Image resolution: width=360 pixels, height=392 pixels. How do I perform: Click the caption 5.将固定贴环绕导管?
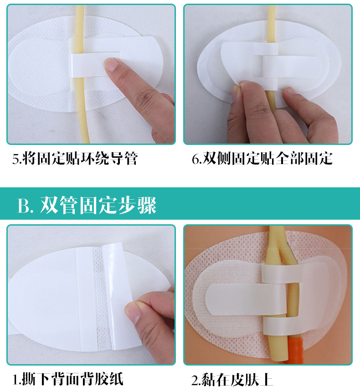75,159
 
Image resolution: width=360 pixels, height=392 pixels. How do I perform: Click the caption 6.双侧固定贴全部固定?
262,159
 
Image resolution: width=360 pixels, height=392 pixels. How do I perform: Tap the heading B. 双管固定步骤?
87,206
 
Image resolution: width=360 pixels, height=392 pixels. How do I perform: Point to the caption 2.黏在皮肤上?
232,379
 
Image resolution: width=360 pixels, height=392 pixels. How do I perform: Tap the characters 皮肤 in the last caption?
241,379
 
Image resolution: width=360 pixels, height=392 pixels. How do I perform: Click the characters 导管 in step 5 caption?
124,159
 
